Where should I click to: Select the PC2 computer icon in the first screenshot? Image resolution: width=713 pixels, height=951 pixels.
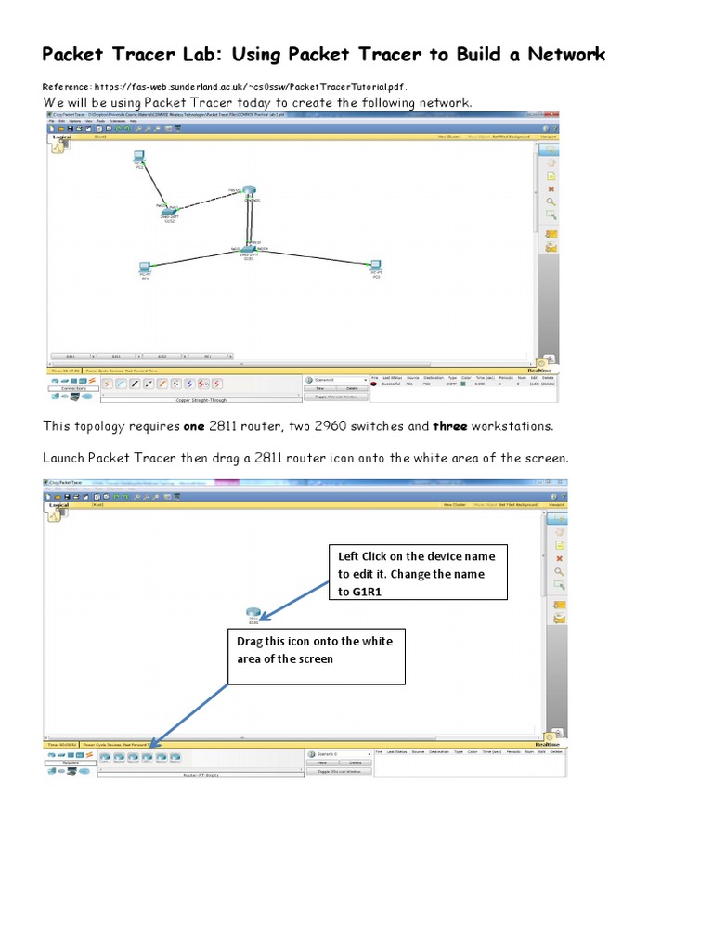tap(138, 159)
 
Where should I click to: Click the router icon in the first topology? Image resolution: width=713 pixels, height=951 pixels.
tap(250, 193)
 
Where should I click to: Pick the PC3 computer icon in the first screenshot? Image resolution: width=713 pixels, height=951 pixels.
tap(376, 267)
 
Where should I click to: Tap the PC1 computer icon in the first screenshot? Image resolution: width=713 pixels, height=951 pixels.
tap(145, 268)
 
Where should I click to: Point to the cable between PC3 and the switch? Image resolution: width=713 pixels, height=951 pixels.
tap(316, 256)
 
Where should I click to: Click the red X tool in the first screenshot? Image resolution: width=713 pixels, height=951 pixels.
tap(551, 189)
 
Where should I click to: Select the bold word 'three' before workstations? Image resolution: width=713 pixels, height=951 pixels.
tap(453, 426)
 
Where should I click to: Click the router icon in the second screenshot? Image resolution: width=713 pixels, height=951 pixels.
tap(252, 612)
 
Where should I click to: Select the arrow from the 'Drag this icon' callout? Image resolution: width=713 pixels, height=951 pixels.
tap(190, 715)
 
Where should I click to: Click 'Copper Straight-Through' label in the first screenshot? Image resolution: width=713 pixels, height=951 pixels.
tap(200, 400)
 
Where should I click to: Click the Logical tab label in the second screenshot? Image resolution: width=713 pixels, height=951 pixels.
tap(60, 505)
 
